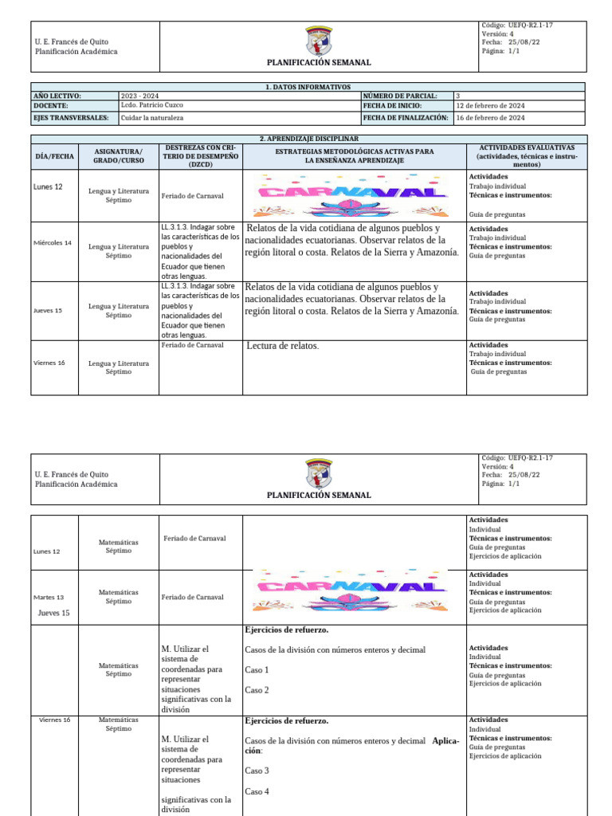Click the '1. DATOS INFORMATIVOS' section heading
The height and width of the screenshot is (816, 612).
(x=307, y=86)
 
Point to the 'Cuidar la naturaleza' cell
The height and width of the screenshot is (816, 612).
(x=152, y=118)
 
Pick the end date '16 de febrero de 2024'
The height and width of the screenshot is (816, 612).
(x=490, y=118)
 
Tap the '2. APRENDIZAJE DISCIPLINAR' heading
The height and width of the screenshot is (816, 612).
(x=307, y=139)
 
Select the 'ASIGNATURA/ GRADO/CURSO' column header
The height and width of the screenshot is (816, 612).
(x=118, y=156)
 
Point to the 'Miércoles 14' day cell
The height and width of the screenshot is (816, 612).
(x=53, y=243)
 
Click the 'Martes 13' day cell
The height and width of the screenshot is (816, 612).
(x=49, y=598)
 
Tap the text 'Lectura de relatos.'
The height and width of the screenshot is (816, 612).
(x=283, y=346)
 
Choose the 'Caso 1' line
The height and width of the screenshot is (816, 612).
(x=257, y=670)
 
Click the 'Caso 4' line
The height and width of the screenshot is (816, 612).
(x=257, y=791)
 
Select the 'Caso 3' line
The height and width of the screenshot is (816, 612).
(x=257, y=771)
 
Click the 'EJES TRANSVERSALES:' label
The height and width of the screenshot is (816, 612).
(x=71, y=118)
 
